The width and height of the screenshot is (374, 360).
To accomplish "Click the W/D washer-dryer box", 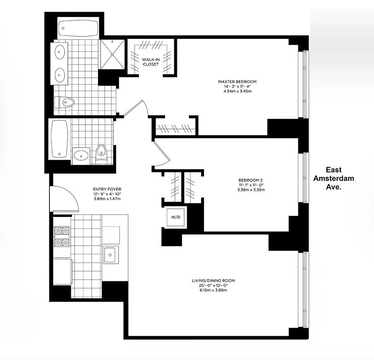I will click(175, 217).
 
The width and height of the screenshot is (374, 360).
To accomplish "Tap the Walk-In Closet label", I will click(151, 62).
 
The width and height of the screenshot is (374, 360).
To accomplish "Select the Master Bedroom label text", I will click(237, 81).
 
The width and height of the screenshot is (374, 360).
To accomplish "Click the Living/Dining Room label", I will click(213, 280).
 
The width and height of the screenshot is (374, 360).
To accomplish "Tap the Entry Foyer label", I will click(107, 189).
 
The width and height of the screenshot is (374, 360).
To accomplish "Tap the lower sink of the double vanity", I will click(60, 73).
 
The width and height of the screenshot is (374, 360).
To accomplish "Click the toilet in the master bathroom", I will click(64, 102).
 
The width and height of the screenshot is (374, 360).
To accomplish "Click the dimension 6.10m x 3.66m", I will click(213, 291).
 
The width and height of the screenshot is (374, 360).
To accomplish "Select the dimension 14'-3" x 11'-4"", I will click(237, 86).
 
